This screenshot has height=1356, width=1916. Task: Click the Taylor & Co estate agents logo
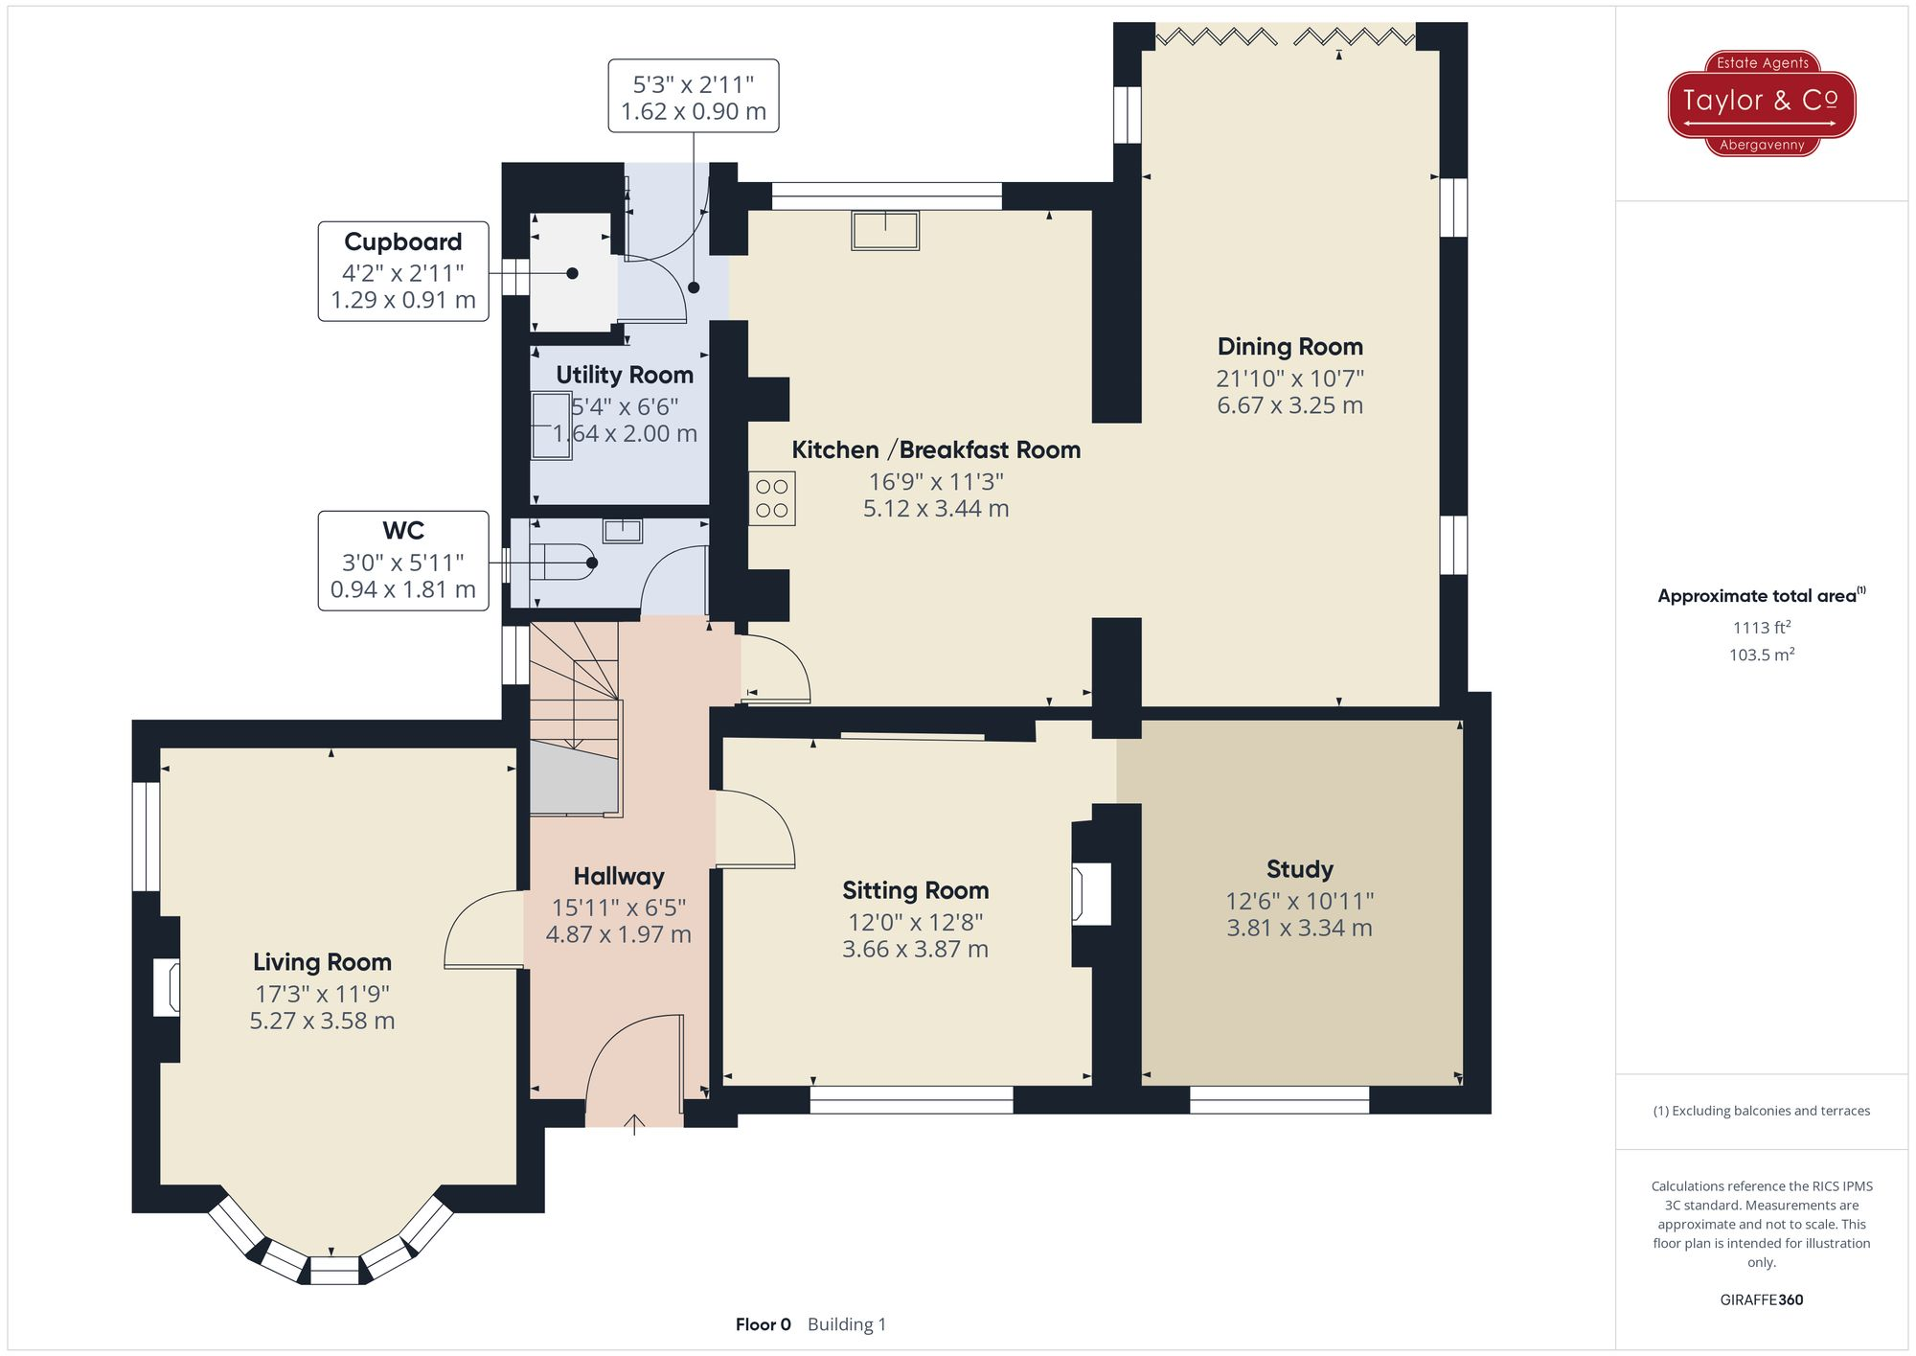click(1761, 103)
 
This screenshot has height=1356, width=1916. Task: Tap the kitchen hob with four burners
click(771, 498)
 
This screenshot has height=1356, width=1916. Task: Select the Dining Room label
click(1289, 347)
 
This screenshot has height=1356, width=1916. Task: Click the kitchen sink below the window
click(885, 231)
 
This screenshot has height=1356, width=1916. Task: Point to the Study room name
click(1299, 869)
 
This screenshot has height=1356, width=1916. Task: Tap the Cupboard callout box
click(403, 271)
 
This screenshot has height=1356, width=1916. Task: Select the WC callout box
click(403, 561)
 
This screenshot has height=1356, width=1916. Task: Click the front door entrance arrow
click(634, 1123)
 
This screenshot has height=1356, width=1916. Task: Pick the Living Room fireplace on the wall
click(167, 988)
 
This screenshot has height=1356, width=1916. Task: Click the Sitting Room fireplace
click(1091, 893)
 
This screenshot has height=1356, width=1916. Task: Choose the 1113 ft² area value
click(1761, 628)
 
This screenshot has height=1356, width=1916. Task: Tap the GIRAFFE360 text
click(1761, 1299)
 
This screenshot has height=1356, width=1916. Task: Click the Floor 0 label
click(763, 1324)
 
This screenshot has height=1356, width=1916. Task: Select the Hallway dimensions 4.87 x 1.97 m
click(618, 934)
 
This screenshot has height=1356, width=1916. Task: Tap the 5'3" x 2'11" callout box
click(693, 96)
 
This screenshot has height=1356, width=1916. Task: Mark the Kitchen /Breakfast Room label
click(935, 449)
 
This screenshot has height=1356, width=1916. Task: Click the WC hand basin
click(622, 530)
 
